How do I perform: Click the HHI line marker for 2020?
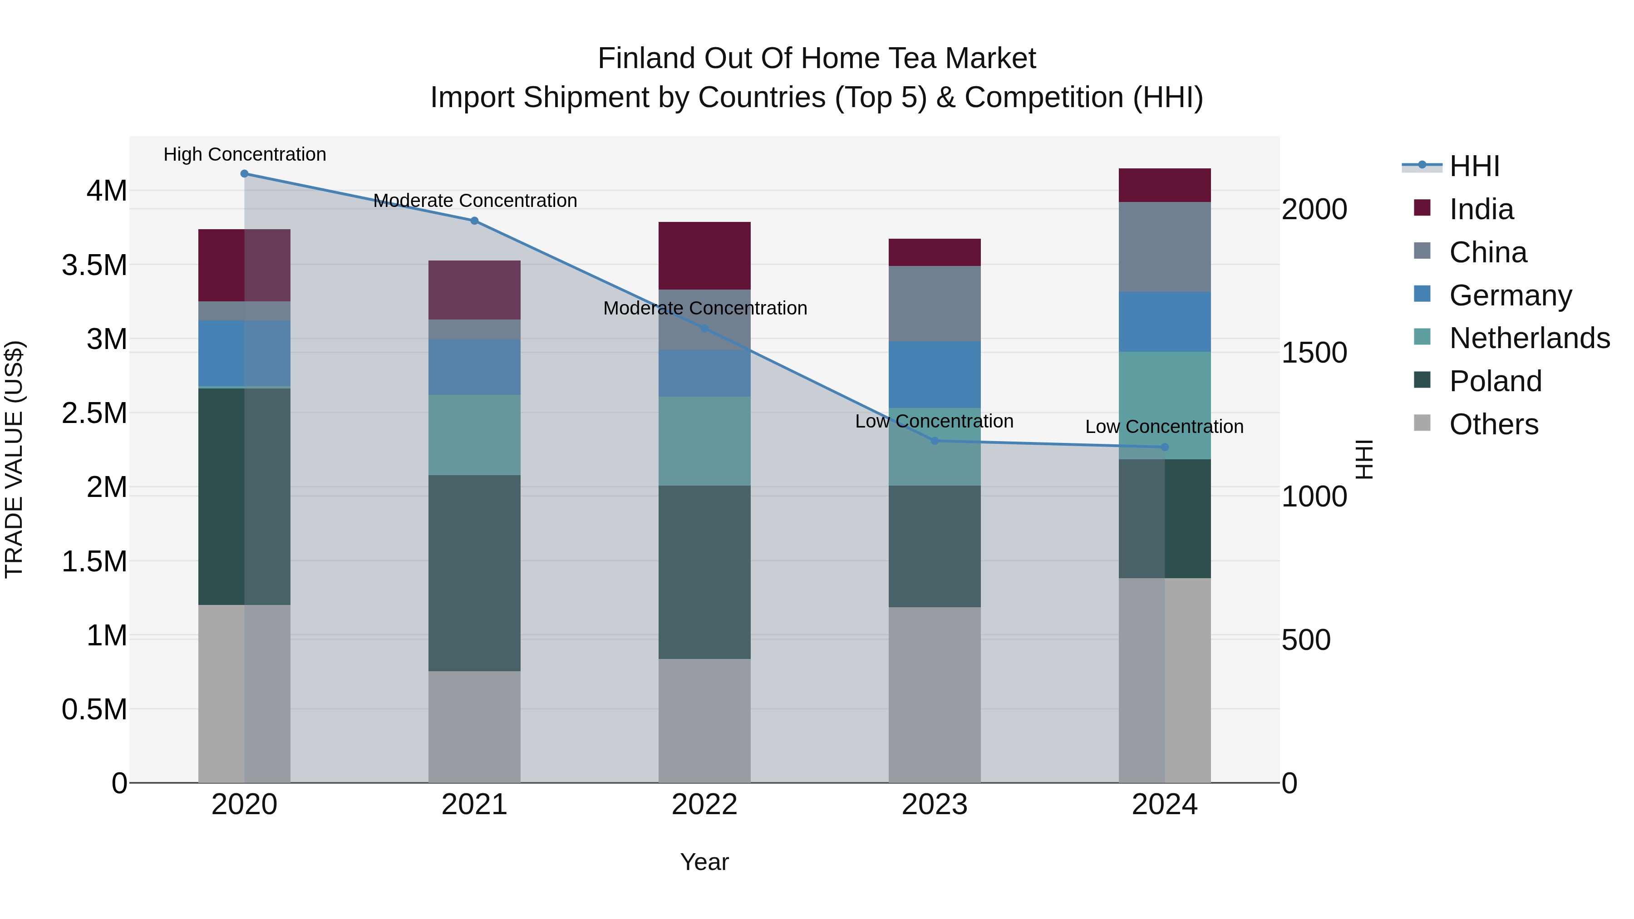pyautogui.click(x=244, y=174)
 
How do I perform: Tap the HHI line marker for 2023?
pyautogui.click(x=935, y=441)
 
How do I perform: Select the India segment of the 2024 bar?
pyautogui.click(x=1165, y=185)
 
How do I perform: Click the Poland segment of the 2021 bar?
pyautogui.click(x=474, y=573)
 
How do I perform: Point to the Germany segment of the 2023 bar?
pyautogui.click(x=935, y=374)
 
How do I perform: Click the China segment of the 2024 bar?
pyautogui.click(x=1165, y=247)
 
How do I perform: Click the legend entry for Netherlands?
pyautogui.click(x=1529, y=338)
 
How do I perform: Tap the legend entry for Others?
pyautogui.click(x=1493, y=424)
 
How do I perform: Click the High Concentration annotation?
pyautogui.click(x=245, y=154)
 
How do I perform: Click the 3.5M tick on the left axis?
pyautogui.click(x=94, y=265)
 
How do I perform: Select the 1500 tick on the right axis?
pyautogui.click(x=1314, y=353)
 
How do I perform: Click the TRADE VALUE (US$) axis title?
pyautogui.click(x=14, y=459)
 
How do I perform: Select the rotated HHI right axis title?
pyautogui.click(x=1364, y=459)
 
